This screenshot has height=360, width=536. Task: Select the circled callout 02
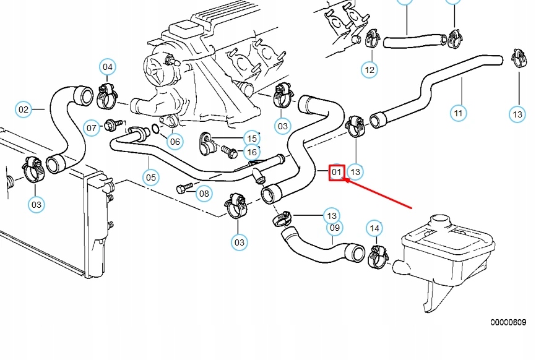(x=23, y=110)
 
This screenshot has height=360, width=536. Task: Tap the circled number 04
(x=108, y=67)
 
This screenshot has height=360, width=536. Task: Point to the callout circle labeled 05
(x=151, y=178)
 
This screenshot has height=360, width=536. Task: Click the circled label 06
(x=175, y=142)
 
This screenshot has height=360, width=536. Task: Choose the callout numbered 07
(x=92, y=128)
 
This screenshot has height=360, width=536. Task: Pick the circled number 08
(x=204, y=194)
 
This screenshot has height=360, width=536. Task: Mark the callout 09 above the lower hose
(x=334, y=228)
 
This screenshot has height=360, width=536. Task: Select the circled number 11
(x=457, y=113)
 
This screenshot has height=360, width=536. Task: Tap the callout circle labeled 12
(x=370, y=70)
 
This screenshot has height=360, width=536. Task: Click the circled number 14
(x=374, y=228)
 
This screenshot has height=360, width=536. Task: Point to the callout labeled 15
(x=251, y=138)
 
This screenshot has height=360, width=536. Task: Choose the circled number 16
(x=251, y=152)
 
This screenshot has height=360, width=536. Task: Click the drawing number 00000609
(x=508, y=322)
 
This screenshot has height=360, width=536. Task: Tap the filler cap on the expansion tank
(x=440, y=220)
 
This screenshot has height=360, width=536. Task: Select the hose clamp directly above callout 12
(x=373, y=40)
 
